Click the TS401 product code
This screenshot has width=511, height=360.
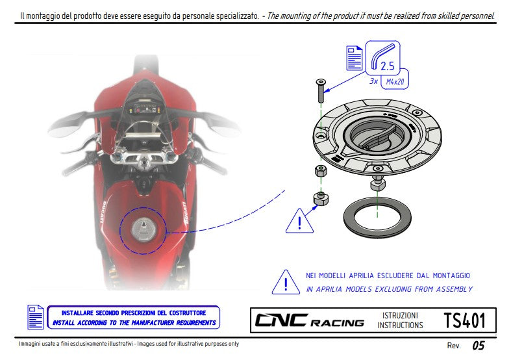(464, 320)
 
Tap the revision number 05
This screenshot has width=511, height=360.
(478, 346)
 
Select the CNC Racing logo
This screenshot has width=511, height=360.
(309, 321)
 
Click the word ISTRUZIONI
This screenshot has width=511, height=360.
(400, 315)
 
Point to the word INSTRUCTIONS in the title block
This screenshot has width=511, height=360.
(400, 326)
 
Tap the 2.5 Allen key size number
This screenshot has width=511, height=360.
(388, 66)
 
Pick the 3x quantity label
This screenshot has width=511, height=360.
(373, 82)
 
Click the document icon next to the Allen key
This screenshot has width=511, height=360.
(355, 58)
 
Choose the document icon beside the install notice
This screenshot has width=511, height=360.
(36, 316)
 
